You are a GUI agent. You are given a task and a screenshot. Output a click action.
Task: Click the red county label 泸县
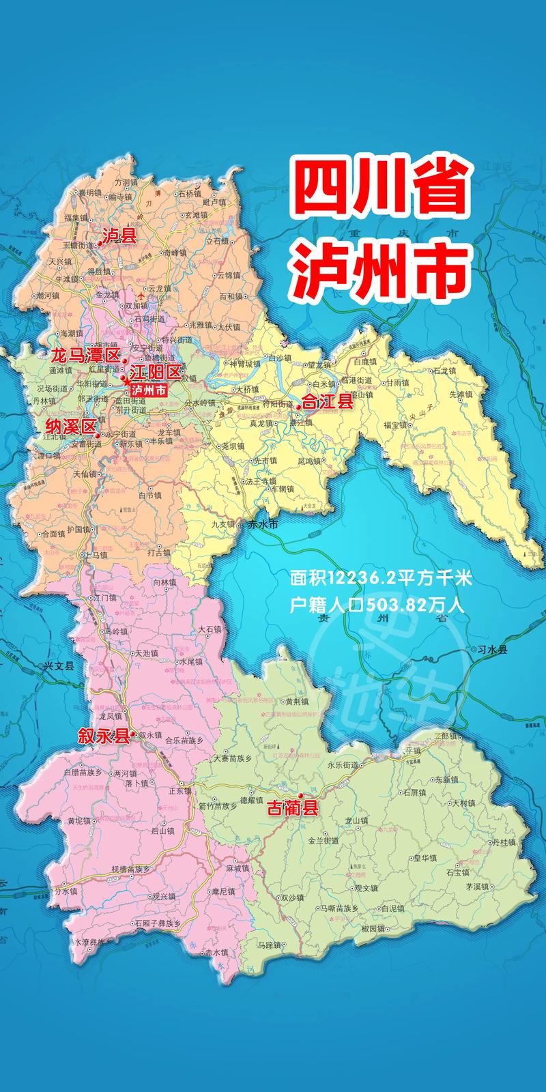click(119, 236)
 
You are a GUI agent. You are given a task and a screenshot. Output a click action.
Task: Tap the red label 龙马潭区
click(84, 355)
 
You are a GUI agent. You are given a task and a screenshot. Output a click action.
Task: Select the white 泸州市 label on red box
click(149, 390)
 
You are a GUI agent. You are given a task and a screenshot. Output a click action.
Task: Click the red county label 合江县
click(328, 403)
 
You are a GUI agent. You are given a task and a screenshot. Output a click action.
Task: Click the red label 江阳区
click(156, 373)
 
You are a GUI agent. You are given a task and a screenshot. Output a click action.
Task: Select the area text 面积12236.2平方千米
click(381, 579)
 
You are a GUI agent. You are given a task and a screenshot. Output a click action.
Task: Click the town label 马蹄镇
click(268, 945)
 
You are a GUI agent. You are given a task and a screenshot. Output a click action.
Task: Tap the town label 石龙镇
click(444, 371)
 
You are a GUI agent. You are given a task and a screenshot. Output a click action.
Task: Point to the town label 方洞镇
click(126, 182)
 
